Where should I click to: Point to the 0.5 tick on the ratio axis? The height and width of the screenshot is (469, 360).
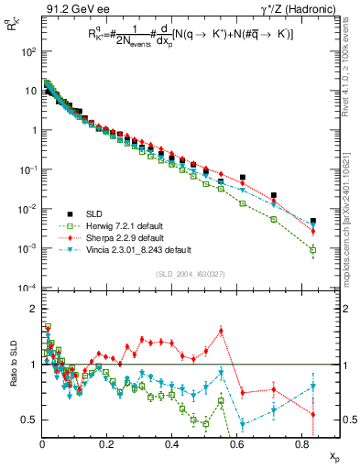tap(28, 420)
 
